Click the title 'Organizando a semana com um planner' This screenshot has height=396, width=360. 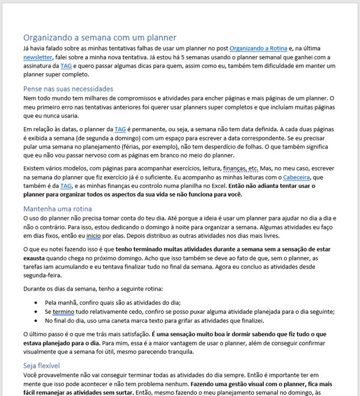pos(100,38)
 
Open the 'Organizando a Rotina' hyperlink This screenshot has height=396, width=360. pos(258,49)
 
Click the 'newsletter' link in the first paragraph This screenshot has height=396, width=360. pos(38,57)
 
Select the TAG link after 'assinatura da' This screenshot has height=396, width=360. pos(66,66)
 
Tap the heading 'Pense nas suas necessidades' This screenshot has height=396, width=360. pos(68,89)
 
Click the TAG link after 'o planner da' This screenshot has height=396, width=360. pos(120,129)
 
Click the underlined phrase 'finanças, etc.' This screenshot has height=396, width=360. pos(241,168)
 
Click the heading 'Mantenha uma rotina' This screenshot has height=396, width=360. pos(57,209)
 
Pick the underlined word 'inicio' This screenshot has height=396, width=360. pos(93,235)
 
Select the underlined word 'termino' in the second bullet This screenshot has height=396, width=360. pos(64,312)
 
